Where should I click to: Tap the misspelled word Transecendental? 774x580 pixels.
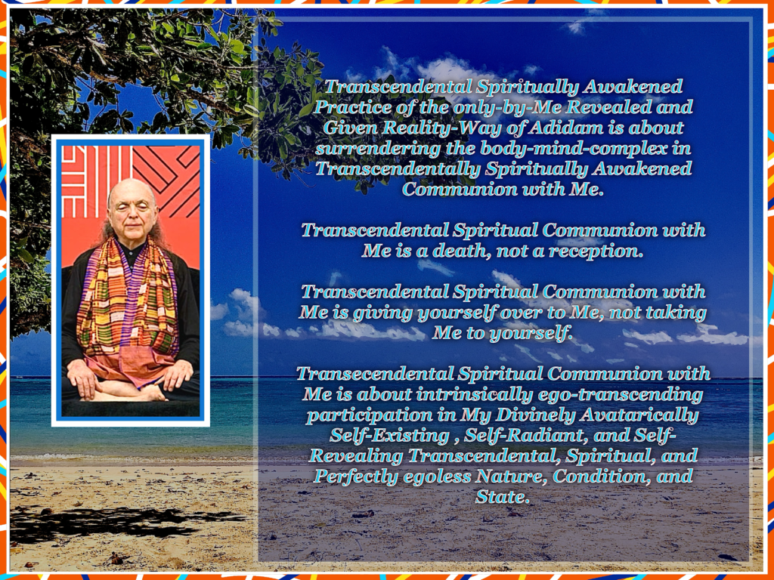375,374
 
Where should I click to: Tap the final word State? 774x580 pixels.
502,497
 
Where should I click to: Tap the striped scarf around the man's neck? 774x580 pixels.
127,301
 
